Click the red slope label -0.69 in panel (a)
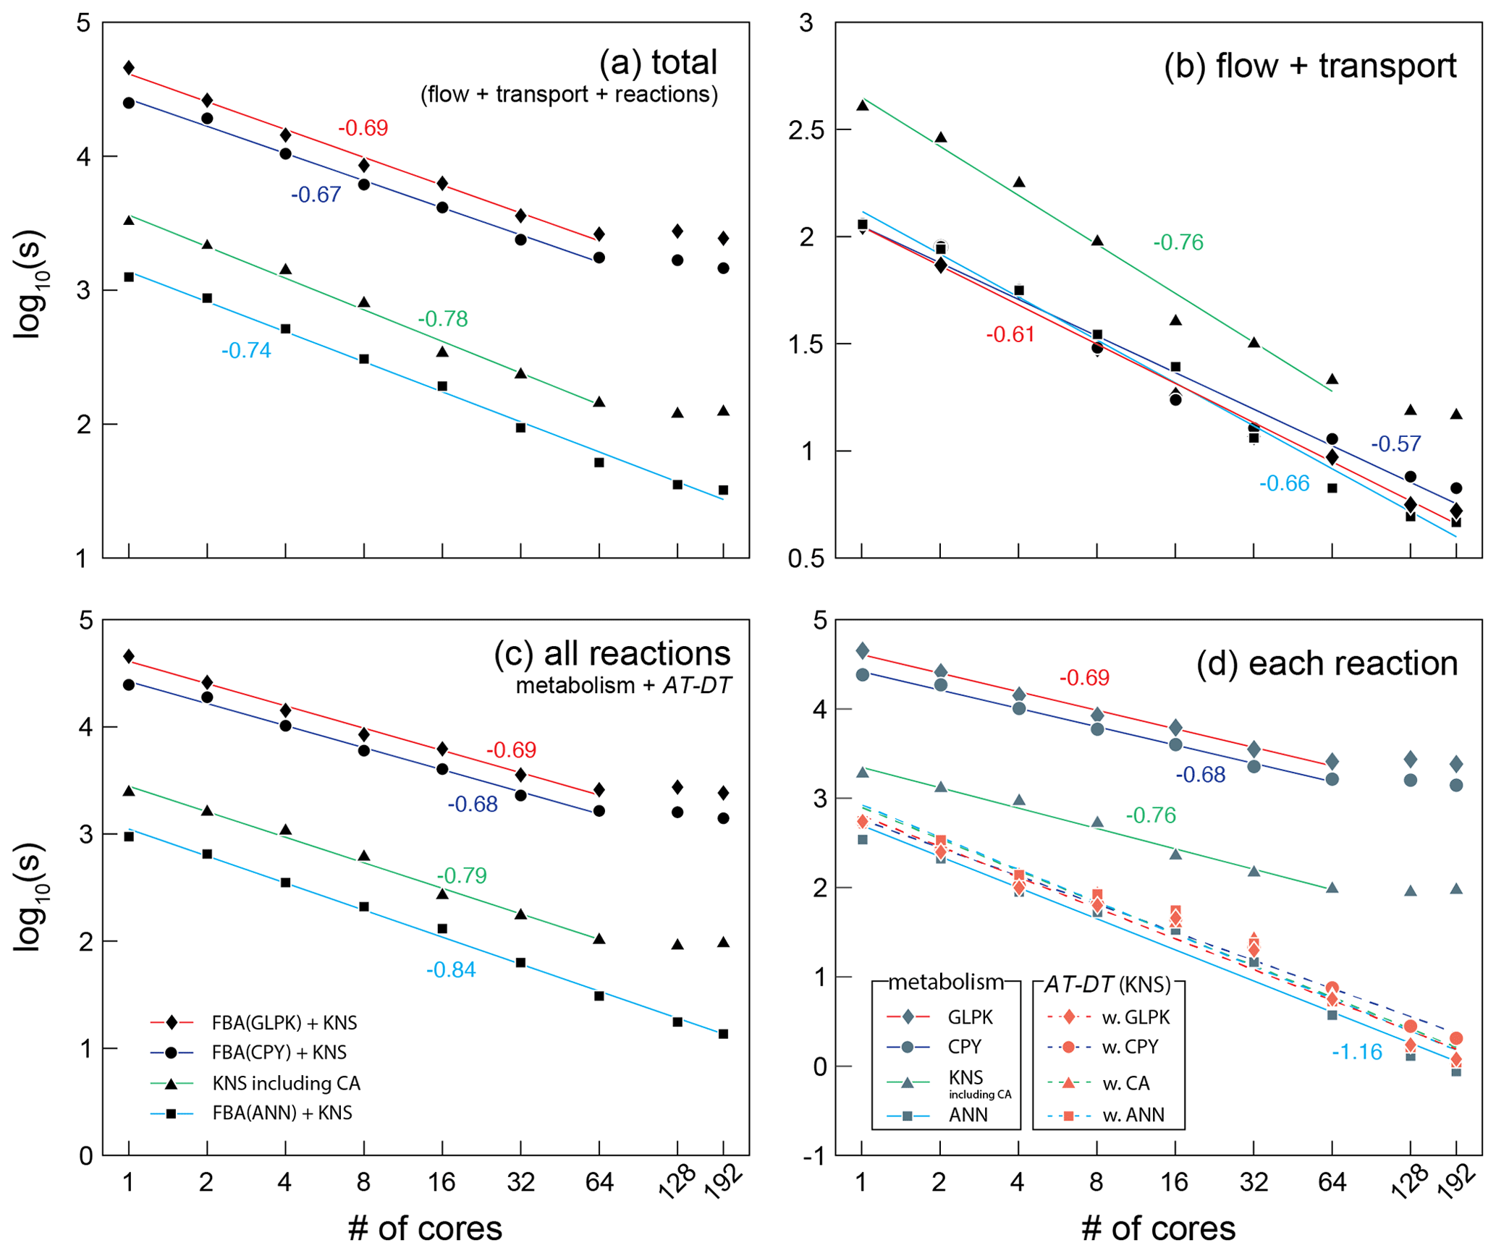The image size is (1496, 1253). pyautogui.click(x=363, y=128)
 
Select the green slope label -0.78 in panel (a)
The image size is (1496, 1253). pyautogui.click(x=442, y=318)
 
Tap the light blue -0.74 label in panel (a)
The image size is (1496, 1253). pyautogui.click(x=246, y=351)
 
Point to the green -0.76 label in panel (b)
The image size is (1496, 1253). pyautogui.click(x=1178, y=242)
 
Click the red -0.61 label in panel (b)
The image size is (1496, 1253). pyautogui.click(x=1010, y=334)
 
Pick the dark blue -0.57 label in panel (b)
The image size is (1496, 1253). pyautogui.click(x=1395, y=443)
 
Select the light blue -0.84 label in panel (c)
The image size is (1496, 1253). pyautogui.click(x=451, y=969)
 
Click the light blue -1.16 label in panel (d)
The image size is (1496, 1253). pyautogui.click(x=1357, y=1052)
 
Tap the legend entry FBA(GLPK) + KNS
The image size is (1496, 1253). pyautogui.click(x=284, y=1023)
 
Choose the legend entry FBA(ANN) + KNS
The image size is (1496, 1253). pyautogui.click(x=282, y=1113)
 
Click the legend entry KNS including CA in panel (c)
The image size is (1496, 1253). pyautogui.click(x=286, y=1083)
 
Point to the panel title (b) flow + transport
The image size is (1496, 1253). pyautogui.click(x=1310, y=67)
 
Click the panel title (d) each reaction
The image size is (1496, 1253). pyautogui.click(x=1327, y=663)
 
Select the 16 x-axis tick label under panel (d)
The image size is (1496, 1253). pyautogui.click(x=1175, y=1182)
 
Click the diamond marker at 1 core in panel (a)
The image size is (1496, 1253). pyautogui.click(x=129, y=68)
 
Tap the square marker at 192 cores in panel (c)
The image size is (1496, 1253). pyautogui.click(x=723, y=1034)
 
